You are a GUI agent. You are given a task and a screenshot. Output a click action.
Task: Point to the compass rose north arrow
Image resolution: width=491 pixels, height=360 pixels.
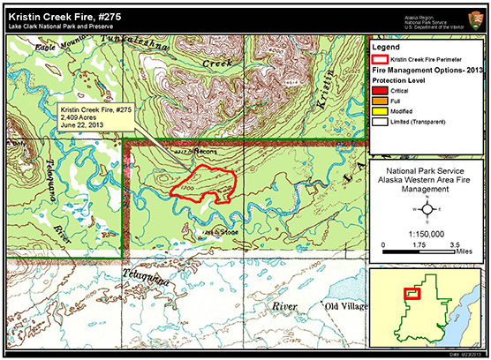click(x=427, y=210)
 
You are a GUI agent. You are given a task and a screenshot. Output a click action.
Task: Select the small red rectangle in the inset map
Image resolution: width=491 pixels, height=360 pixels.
click(x=412, y=295)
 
